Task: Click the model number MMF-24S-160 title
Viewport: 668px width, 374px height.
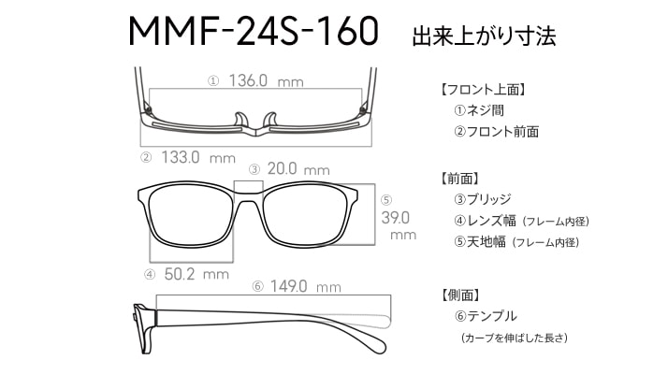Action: [254, 31]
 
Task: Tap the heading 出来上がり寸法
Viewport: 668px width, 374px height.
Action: [484, 36]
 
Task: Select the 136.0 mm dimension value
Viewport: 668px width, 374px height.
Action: [266, 80]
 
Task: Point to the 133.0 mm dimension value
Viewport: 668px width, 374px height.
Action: [198, 158]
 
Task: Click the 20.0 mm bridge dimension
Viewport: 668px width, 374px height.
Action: [298, 169]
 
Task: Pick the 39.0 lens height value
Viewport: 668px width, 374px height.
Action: [396, 218]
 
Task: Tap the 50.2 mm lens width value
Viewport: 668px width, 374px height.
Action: [196, 274]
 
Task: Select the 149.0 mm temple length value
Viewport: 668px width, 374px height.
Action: [305, 286]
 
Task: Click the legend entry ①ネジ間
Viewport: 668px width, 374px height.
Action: [479, 110]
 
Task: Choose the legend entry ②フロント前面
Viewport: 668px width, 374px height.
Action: [496, 131]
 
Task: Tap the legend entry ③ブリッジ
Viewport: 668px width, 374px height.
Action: [483, 199]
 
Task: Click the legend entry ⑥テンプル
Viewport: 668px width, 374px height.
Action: [486, 316]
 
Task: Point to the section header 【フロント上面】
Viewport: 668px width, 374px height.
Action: [483, 90]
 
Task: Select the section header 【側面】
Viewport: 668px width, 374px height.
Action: [460, 295]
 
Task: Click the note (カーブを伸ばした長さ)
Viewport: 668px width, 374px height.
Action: [515, 338]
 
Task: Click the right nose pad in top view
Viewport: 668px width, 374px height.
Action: [270, 120]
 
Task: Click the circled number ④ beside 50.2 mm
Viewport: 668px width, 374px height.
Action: [150, 275]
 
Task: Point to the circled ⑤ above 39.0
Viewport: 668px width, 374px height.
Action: [386, 200]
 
